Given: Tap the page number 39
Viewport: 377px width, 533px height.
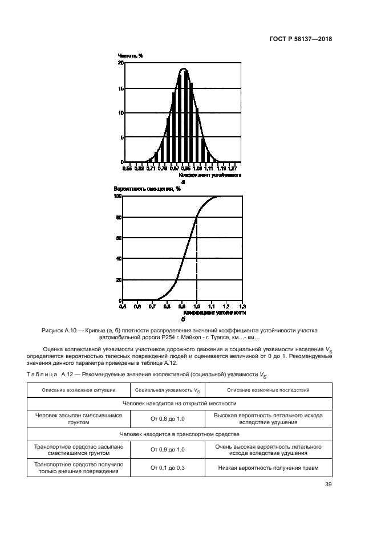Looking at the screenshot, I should click(328, 485).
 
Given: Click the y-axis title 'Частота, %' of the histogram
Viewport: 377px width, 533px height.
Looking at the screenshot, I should click(130, 55).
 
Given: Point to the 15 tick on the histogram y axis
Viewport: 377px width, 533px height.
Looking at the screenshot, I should click(120, 88).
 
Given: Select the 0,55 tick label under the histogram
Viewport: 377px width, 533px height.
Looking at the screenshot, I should click(127, 169).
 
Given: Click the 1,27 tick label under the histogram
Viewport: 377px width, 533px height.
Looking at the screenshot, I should click(233, 169).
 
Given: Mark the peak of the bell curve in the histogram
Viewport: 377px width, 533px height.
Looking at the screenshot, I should click(183, 69).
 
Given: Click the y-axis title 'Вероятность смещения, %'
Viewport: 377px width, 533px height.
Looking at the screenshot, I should click(147, 189).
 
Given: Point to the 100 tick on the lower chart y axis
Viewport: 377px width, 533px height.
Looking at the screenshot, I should click(118, 196).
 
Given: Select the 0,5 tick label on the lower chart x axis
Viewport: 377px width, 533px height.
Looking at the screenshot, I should click(123, 307).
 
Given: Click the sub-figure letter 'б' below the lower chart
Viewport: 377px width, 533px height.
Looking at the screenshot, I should click(184, 320).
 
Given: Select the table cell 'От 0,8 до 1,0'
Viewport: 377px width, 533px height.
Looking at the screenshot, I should click(168, 419).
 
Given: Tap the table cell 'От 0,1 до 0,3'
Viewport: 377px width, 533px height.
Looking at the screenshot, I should click(168, 467).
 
